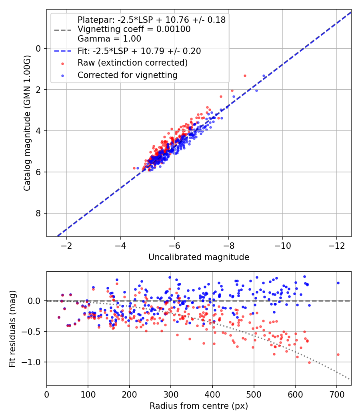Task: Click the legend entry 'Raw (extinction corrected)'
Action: click(x=132, y=63)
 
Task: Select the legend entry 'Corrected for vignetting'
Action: click(x=127, y=75)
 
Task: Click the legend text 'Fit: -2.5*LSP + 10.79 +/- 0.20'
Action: click(x=139, y=51)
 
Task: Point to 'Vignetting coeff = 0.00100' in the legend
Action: click(x=134, y=29)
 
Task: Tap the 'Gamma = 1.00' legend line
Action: click(x=109, y=39)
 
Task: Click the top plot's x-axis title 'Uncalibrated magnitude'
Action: click(x=199, y=257)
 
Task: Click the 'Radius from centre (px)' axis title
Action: click(x=199, y=406)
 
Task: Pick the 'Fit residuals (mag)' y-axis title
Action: click(x=12, y=328)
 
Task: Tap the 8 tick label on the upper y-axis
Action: click(x=39, y=213)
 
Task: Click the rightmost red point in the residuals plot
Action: click(x=338, y=354)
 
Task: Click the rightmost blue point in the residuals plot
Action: click(x=338, y=283)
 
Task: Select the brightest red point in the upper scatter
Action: click(x=245, y=76)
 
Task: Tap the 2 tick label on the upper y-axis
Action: click(x=39, y=90)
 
